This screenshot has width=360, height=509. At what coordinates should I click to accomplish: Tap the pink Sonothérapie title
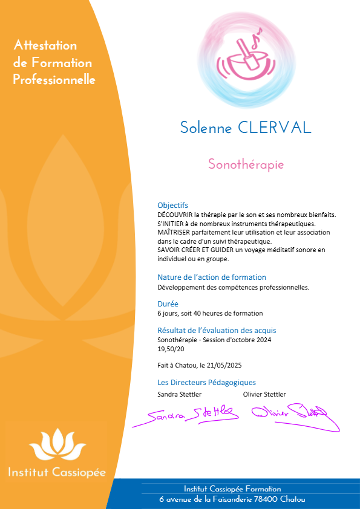(x=246, y=164)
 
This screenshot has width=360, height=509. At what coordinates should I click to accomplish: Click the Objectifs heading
(x=172, y=205)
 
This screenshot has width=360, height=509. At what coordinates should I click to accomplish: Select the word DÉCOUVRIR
(x=173, y=214)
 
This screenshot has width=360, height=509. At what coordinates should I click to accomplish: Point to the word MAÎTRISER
(x=172, y=232)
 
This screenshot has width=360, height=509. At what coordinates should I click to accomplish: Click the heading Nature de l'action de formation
(x=211, y=277)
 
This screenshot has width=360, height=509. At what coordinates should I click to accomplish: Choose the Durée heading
(x=168, y=304)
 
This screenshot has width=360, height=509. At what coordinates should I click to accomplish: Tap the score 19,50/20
(x=171, y=349)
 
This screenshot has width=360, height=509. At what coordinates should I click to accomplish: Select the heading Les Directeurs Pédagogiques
(x=206, y=382)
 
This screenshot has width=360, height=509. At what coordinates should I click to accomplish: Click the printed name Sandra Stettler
(x=179, y=394)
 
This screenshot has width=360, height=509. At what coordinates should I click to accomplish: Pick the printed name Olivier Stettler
(x=264, y=394)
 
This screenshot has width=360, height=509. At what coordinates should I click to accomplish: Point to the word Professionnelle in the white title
(x=54, y=80)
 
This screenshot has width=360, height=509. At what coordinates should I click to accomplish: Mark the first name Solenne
(x=205, y=128)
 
